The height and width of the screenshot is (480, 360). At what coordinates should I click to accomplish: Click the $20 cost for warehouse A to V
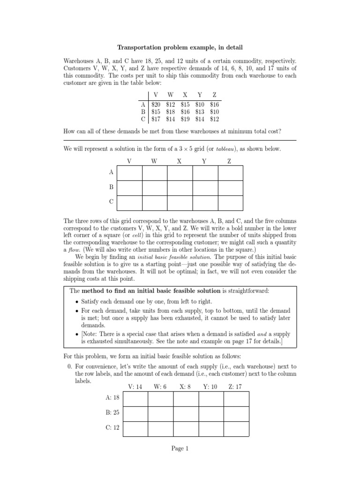pyautogui.click(x=156, y=105)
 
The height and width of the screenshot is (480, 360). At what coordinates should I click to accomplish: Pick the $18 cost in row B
pyautogui.click(x=171, y=112)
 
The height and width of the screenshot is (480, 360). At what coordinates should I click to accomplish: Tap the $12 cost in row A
pyautogui.click(x=171, y=105)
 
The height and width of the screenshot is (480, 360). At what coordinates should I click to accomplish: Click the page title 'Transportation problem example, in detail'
pyautogui.click(x=180, y=47)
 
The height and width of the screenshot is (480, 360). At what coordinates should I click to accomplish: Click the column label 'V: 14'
pyautogui.click(x=135, y=387)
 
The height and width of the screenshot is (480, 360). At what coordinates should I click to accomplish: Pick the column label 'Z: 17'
pyautogui.click(x=235, y=387)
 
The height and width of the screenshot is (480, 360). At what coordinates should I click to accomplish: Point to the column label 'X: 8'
pyautogui.click(x=185, y=387)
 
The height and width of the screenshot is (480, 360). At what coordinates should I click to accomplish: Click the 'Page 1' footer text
pyautogui.click(x=180, y=449)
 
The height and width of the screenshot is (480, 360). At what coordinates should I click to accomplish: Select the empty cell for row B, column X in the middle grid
pyautogui.click(x=180, y=188)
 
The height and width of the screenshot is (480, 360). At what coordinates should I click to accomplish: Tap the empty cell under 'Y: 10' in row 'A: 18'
pyautogui.click(x=211, y=399)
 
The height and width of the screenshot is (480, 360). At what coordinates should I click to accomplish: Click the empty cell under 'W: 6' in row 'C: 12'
pyautogui.click(x=161, y=428)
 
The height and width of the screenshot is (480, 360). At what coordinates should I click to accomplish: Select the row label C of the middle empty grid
pyautogui.click(x=112, y=202)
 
